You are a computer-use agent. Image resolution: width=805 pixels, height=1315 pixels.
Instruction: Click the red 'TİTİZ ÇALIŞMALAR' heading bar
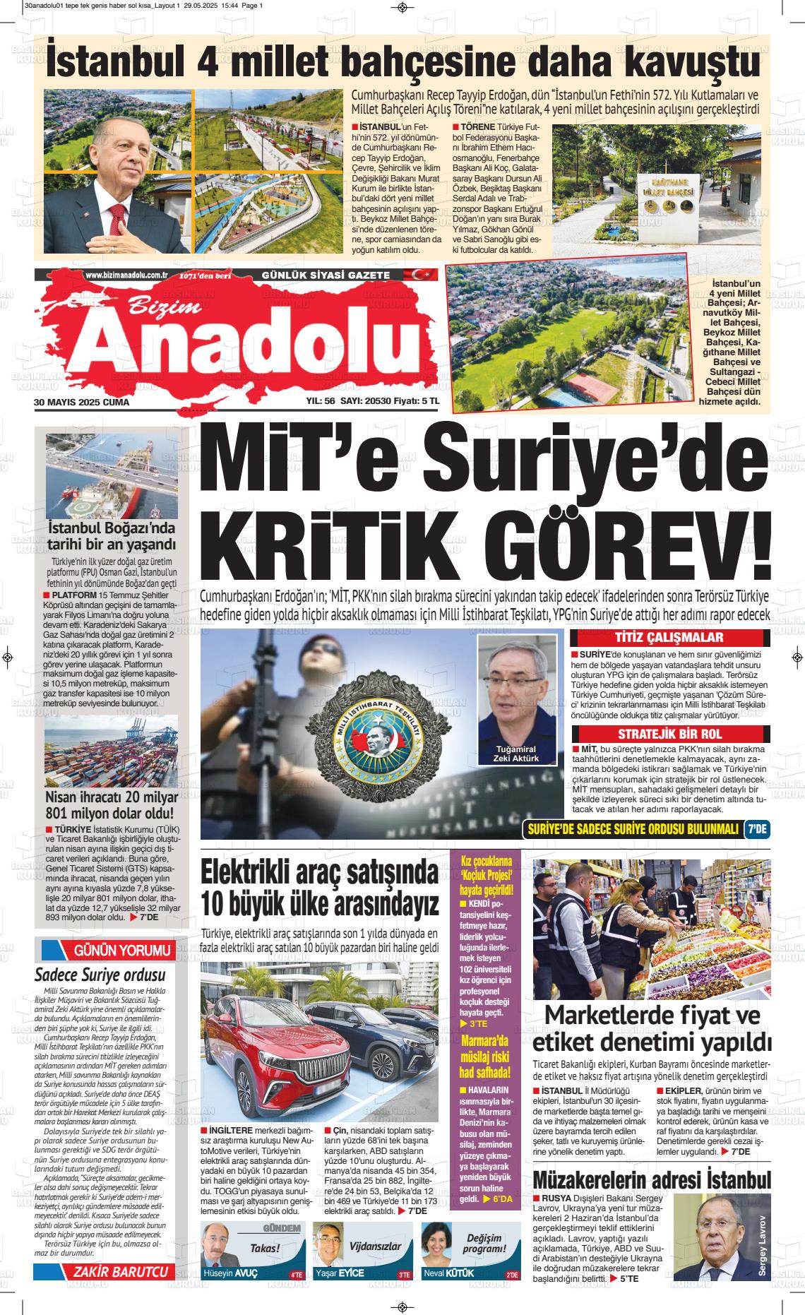coord(669,638)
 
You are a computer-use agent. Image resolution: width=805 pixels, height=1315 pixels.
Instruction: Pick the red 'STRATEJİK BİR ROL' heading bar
coord(669,734)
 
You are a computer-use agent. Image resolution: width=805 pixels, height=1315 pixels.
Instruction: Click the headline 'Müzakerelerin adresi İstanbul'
coord(651,1181)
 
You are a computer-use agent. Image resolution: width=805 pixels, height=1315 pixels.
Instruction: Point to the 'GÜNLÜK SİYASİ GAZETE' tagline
coord(326,274)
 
